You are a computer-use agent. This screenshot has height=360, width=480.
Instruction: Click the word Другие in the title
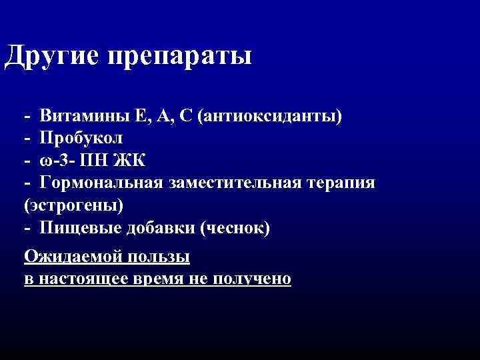coord(47,56)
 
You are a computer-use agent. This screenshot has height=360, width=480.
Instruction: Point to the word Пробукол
coord(81,138)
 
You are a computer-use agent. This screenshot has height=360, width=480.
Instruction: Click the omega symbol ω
coord(45,161)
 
